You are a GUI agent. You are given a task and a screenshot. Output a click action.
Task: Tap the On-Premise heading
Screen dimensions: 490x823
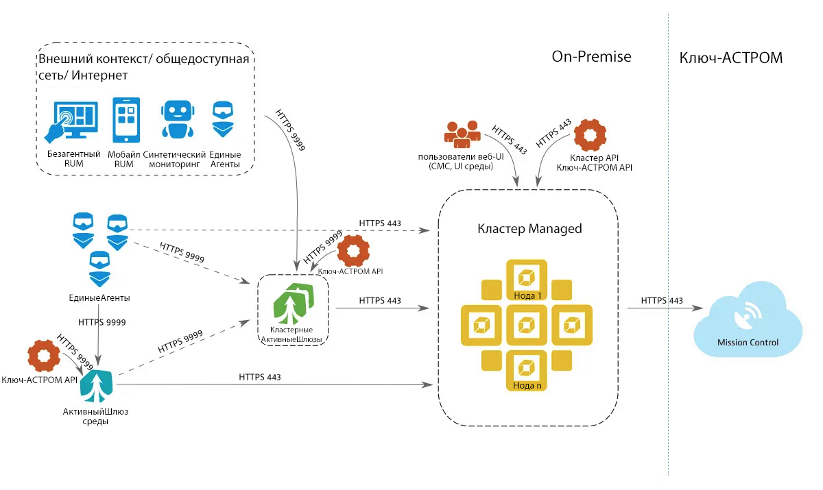click(591, 57)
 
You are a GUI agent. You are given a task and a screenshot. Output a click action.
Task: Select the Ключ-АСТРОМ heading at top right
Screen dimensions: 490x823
click(730, 58)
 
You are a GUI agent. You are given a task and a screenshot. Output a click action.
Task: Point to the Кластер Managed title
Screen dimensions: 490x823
click(529, 228)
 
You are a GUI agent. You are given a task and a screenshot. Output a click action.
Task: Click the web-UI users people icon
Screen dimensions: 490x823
click(460, 133)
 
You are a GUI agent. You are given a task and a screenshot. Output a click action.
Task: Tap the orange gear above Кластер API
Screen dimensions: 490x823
click(589, 135)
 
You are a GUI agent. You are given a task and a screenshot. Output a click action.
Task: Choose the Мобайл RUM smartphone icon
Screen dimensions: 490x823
click(126, 120)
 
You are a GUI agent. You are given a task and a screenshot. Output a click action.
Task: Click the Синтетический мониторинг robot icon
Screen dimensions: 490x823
click(175, 121)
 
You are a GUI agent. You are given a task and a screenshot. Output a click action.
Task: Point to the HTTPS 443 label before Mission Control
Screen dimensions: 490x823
click(662, 301)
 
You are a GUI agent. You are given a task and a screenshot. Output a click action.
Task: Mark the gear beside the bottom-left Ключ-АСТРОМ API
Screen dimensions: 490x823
click(43, 356)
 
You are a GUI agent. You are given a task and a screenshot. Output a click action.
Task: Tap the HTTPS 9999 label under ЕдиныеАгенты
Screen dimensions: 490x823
click(102, 321)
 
